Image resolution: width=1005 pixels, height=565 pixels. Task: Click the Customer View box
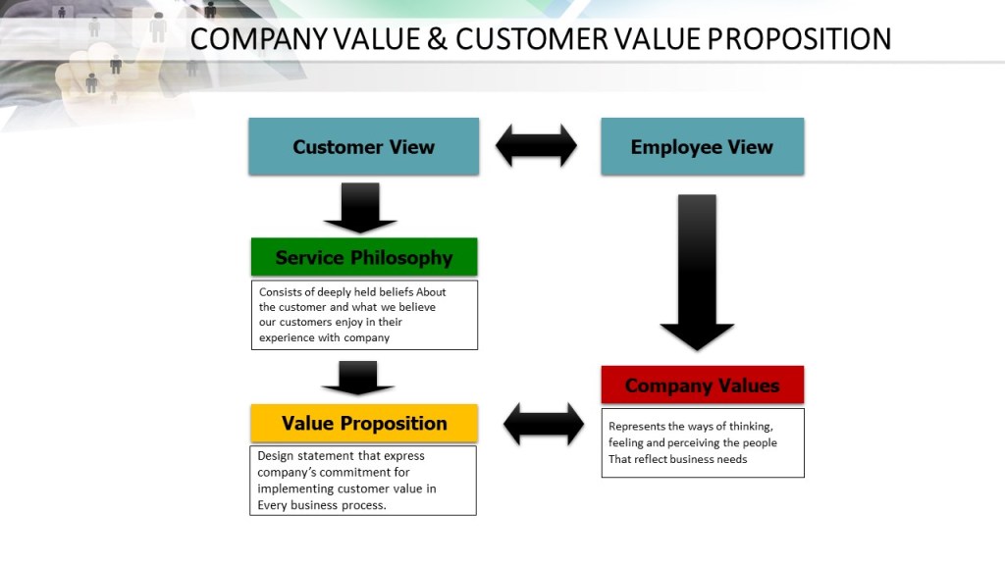click(363, 147)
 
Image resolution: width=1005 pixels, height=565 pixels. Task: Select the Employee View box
click(702, 147)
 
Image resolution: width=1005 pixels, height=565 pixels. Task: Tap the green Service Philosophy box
click(364, 257)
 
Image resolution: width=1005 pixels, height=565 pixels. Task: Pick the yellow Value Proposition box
click(364, 423)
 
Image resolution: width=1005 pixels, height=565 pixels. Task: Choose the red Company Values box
click(702, 385)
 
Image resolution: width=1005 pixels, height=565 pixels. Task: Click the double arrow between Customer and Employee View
click(536, 146)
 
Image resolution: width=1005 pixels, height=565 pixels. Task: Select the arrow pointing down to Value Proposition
click(358, 378)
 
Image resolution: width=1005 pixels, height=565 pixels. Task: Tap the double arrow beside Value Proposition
click(543, 424)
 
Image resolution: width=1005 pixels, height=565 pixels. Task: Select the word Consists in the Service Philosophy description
click(281, 291)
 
